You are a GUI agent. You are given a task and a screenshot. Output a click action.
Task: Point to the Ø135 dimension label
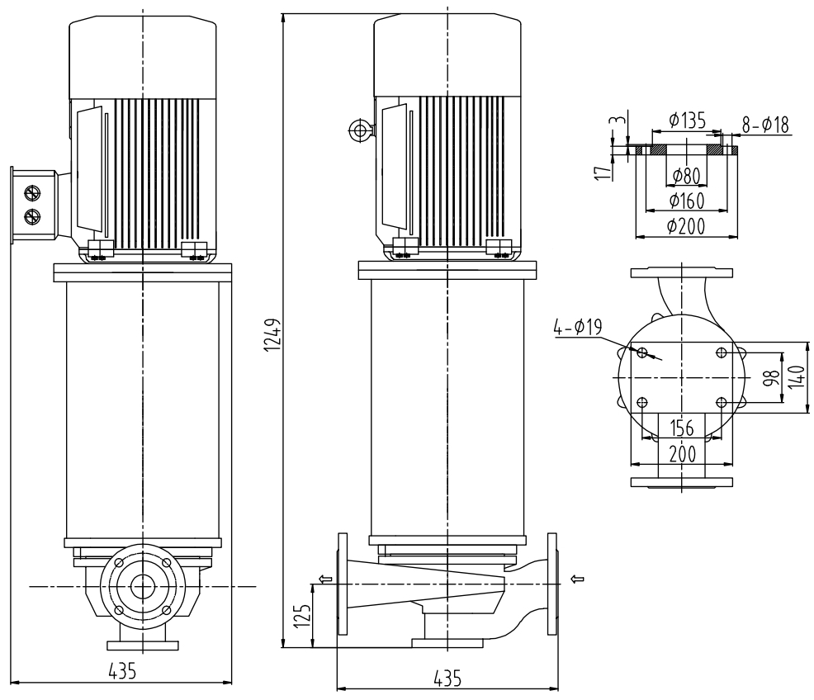[x=687, y=121]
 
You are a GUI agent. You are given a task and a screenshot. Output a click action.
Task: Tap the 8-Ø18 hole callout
[x=765, y=125]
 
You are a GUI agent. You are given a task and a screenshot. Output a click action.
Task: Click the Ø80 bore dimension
[x=686, y=175]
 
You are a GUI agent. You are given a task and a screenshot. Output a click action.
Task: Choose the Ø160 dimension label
[x=686, y=201]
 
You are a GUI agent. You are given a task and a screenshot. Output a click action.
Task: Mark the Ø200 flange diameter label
[x=686, y=226]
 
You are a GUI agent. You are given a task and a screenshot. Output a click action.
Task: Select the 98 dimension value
[x=771, y=378]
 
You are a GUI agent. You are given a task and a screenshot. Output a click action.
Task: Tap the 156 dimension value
[x=682, y=428]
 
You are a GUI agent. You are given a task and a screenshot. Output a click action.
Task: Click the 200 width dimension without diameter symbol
[x=682, y=453]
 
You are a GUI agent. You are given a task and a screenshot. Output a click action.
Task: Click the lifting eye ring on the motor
[x=359, y=130]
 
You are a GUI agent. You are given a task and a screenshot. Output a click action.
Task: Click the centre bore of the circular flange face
[x=142, y=586]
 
